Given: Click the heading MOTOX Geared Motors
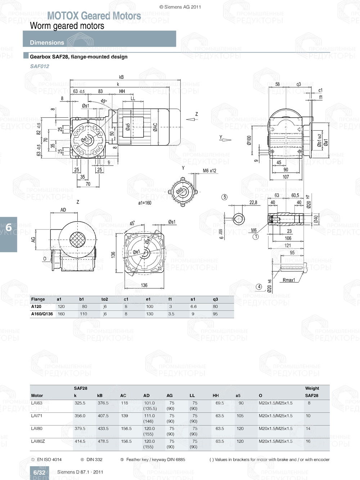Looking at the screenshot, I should [x=94, y=16].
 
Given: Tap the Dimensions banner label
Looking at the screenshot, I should [x=47, y=42].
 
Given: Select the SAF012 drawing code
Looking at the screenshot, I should [x=40, y=66].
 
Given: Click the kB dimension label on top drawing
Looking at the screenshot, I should [x=121, y=77].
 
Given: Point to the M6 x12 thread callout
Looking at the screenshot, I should [x=210, y=171].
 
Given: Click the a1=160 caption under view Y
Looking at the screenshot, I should [x=145, y=203].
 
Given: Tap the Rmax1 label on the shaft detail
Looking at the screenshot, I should [x=289, y=280].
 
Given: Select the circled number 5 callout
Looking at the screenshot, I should [x=225, y=197].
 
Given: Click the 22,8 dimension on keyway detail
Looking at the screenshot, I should [x=253, y=203].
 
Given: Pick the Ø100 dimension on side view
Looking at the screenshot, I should [x=249, y=140].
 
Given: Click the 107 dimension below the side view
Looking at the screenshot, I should [x=285, y=177].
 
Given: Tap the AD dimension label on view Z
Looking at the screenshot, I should [x=63, y=210].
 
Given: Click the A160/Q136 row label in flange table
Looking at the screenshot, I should [x=42, y=314].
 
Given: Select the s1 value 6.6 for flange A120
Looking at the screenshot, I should [x=193, y=307].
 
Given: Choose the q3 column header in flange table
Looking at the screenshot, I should [x=215, y=299].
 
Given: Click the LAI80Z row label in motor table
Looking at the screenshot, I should [x=38, y=441].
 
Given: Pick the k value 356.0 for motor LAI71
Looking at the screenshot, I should [x=80, y=416].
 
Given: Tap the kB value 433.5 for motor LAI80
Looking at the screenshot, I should [x=103, y=429].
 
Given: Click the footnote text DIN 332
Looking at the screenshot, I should [x=94, y=459].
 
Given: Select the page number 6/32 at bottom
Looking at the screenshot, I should [x=39, y=472].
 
